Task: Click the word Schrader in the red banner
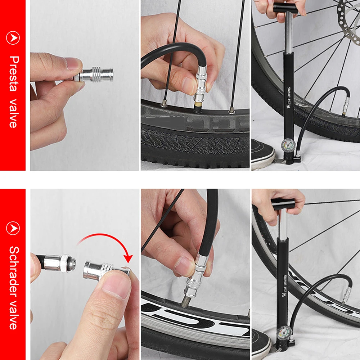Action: click(x=13, y=269)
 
